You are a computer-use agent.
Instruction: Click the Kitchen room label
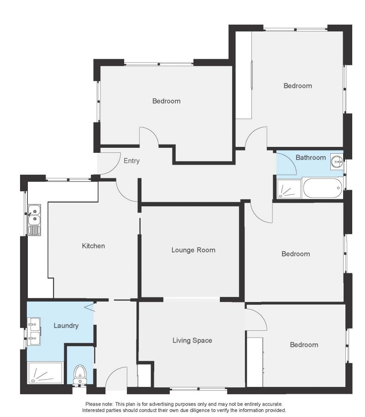tap(93, 246)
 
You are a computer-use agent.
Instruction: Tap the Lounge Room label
tap(193, 250)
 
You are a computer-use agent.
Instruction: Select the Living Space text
tap(193, 340)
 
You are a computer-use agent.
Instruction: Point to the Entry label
tap(132, 161)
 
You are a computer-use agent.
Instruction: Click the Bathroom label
tap(311, 157)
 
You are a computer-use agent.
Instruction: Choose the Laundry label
tap(66, 326)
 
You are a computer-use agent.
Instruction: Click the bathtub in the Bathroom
tap(323, 188)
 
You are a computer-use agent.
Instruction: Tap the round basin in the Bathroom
tap(337, 161)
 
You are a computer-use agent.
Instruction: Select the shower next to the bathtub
tap(289, 189)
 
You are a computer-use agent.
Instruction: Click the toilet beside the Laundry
tap(80, 375)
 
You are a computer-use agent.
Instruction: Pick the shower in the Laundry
tap(45, 373)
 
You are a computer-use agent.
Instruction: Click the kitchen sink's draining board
tap(34, 230)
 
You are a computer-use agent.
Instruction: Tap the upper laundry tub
tap(34, 324)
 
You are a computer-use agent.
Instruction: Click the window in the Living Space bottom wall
tap(198, 389)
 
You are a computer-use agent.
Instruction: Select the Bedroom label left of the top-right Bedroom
tap(166, 101)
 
